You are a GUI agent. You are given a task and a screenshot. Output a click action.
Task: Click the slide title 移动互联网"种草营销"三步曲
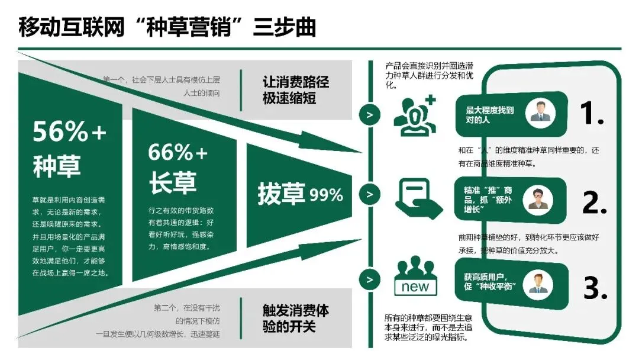pos(166,27)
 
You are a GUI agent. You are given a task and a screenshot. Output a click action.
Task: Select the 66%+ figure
pos(178,153)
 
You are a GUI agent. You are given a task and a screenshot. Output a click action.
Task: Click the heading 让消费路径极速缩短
pos(295,90)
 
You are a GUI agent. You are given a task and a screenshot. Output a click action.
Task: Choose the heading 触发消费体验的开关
pos(295,318)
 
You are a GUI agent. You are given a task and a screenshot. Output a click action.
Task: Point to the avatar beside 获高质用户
pos(538,282)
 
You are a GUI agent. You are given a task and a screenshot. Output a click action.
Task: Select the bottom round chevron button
pos(370,279)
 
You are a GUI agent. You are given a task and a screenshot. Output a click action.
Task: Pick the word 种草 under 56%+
pos(57,167)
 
